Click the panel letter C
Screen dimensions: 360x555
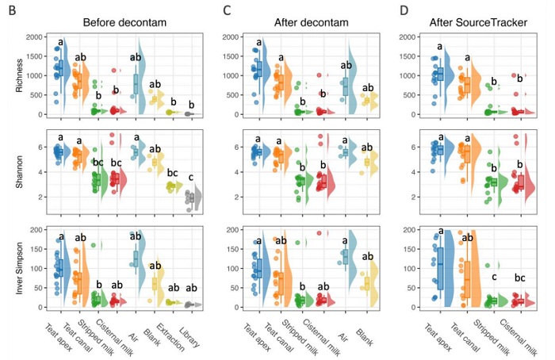click(x=228, y=10)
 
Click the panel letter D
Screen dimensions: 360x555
click(x=404, y=10)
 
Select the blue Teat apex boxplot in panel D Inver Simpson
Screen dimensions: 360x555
click(x=438, y=270)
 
